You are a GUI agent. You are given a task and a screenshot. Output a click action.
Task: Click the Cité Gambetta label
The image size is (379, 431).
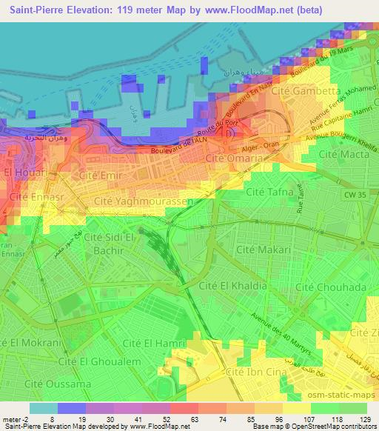(x=295, y=110)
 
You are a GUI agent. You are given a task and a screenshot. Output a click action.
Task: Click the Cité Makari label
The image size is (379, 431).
(x=264, y=251)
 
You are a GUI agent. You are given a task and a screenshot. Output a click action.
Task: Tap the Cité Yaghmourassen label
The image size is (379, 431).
(x=144, y=201)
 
